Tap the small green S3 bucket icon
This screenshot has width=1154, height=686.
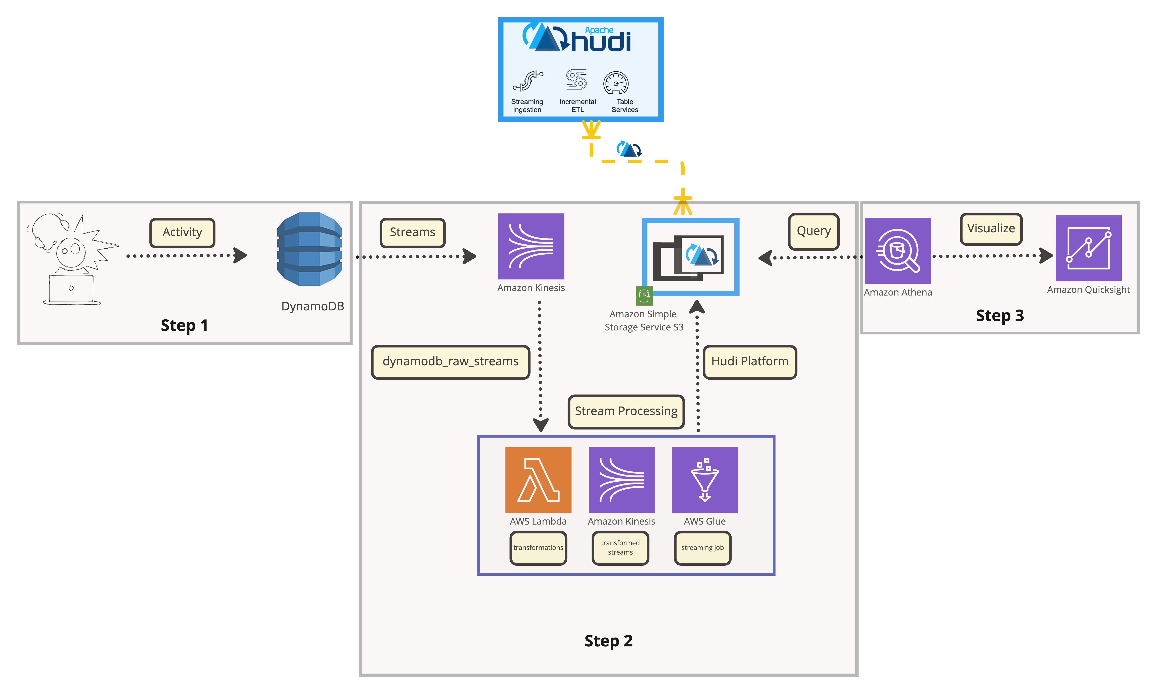(644, 296)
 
